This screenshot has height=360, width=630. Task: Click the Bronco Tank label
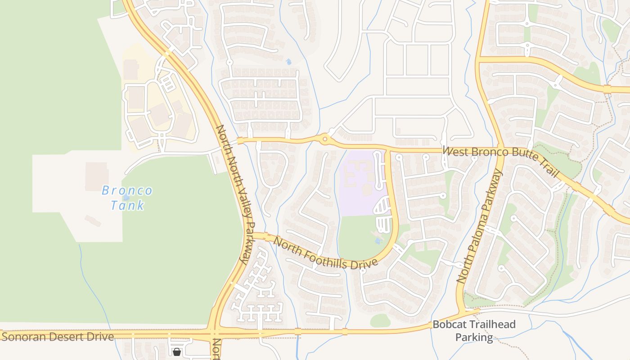pos(127,198)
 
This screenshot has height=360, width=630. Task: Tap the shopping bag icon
pos(177,351)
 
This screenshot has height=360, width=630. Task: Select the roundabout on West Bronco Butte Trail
pos(325,139)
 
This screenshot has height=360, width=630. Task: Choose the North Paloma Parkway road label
pos(480,226)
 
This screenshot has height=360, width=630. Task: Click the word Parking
pos(474,337)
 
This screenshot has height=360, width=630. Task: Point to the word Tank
pos(127,205)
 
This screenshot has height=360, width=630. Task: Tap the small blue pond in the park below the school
pos(378,241)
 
